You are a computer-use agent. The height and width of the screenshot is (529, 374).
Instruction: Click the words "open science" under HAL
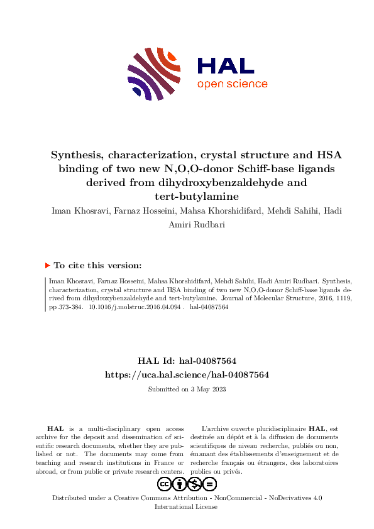click(232, 84)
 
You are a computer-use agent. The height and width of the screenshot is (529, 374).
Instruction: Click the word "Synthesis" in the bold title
click(77, 155)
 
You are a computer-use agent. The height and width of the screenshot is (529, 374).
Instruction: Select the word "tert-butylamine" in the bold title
click(187, 196)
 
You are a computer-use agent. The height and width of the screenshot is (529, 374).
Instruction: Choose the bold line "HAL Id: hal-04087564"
click(187, 361)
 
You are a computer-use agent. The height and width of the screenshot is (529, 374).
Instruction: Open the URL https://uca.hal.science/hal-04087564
click(187, 374)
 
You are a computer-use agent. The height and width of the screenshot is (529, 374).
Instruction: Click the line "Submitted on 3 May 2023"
click(187, 389)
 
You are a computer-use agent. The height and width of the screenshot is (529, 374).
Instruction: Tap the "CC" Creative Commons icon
click(165, 484)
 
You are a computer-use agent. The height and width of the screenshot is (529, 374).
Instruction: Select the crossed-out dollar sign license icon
click(195, 484)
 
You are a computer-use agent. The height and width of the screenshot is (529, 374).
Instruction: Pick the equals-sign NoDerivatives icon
click(210, 484)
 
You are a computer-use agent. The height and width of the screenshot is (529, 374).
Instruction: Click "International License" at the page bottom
click(187, 506)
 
